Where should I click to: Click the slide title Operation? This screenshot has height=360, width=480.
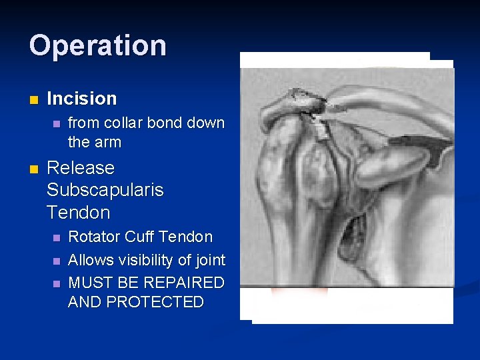[x=98, y=45]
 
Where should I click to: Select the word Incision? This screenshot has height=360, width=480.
[x=82, y=99]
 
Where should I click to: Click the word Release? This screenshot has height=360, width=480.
[x=81, y=167]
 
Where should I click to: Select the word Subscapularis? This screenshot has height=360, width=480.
[x=105, y=190]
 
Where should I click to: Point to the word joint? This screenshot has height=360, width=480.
[x=209, y=260]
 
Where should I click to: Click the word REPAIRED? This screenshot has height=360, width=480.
[x=185, y=282]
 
